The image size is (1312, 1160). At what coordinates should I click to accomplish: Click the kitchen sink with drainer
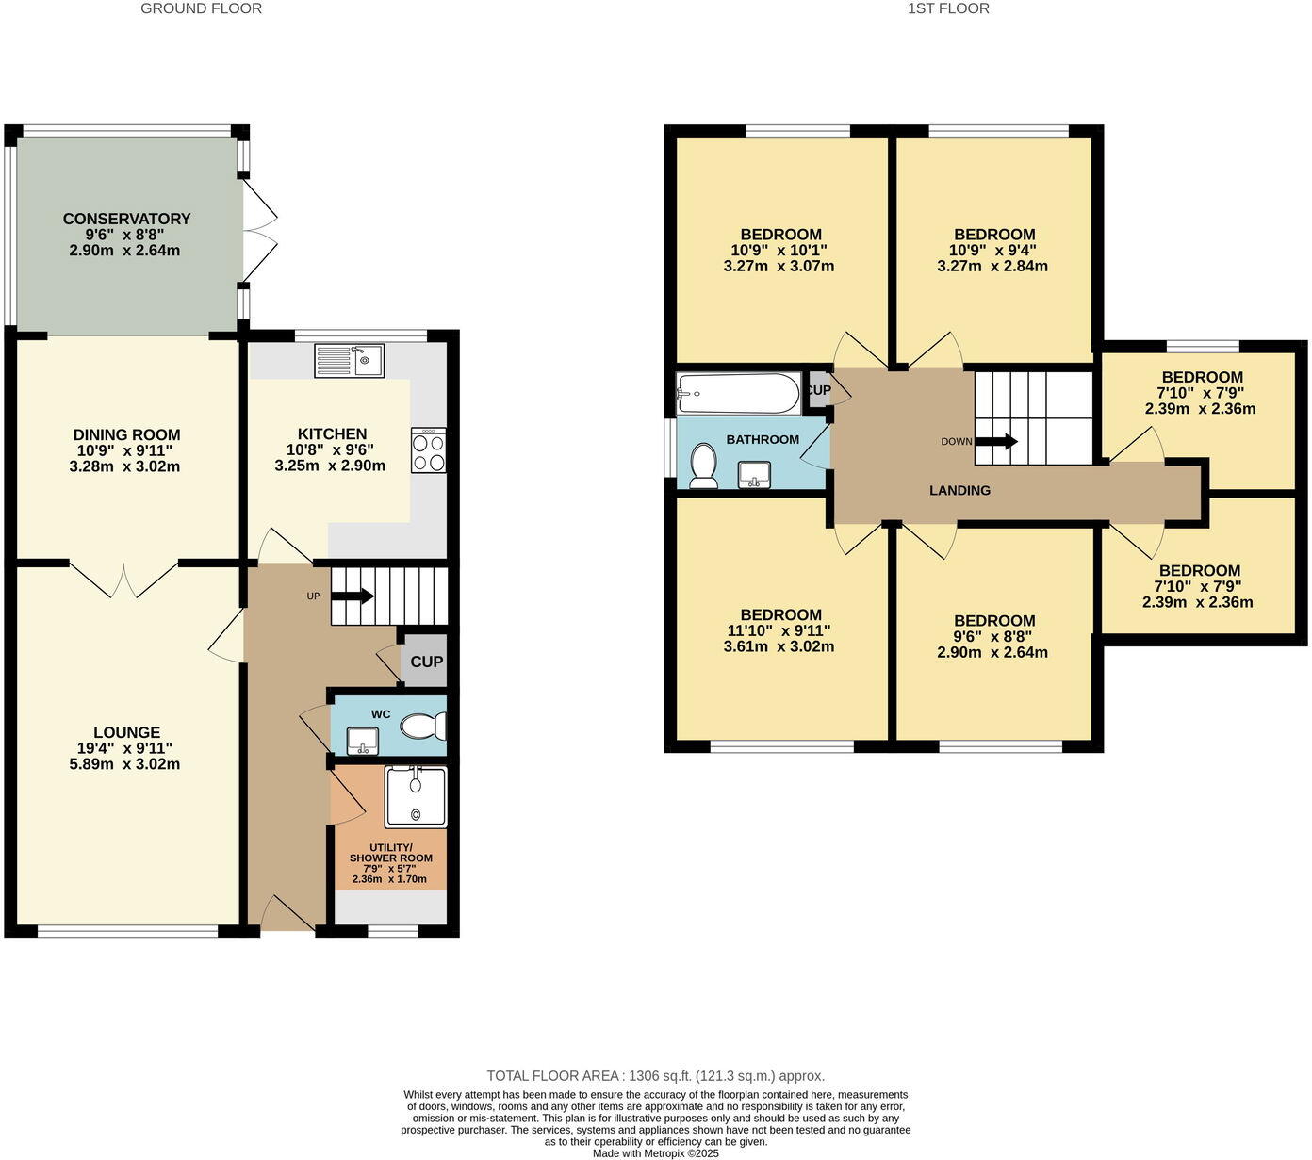pos(349,360)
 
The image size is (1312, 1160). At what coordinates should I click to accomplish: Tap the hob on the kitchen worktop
pos(429,450)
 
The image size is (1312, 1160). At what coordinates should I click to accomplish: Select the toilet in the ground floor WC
pos(424,727)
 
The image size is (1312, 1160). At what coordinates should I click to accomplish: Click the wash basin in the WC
pos(362,741)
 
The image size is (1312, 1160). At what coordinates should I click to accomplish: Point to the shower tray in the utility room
pos(416,796)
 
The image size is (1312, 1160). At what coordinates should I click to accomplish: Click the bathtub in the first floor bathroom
pos(738,392)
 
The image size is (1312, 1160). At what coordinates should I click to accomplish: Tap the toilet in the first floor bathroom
pos(703,466)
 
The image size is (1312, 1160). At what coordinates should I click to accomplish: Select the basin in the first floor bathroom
pos(754,474)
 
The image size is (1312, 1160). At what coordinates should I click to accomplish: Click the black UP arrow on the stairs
pos(353,596)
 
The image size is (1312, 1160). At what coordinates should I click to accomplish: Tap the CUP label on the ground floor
pos(426,662)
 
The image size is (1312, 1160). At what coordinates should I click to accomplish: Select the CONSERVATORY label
pos(126,219)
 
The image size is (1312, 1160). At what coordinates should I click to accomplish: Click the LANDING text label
pos(959,490)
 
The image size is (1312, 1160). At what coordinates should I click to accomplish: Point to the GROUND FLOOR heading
pos(201,8)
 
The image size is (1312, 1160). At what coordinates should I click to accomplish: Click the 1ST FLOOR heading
pos(948,8)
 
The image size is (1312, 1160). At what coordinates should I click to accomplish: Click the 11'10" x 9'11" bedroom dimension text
pos(780,630)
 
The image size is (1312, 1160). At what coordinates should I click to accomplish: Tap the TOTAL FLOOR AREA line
pos(655,1075)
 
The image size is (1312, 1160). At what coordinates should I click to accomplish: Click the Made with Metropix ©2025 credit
pos(655,1152)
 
